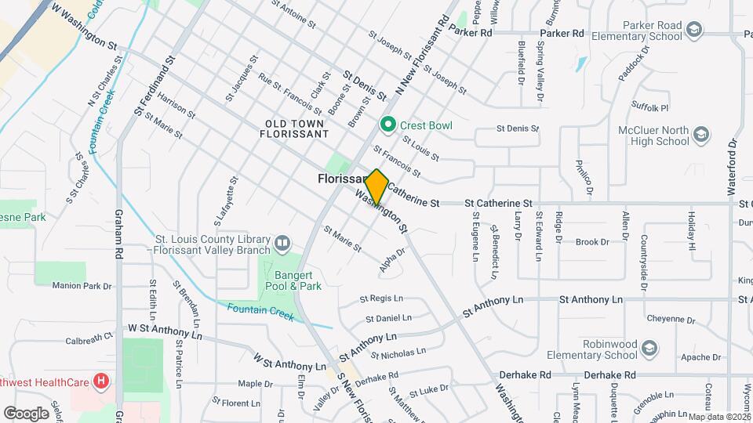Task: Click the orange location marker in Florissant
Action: (376, 186)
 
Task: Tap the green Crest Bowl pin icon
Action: (387, 125)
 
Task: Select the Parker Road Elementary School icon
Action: (693, 31)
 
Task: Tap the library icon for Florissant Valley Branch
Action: (282, 244)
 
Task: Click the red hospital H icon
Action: (100, 383)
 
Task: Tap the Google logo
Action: (26, 413)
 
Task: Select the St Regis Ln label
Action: (381, 298)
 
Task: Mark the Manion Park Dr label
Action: (82, 286)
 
